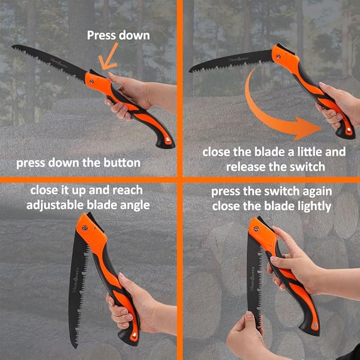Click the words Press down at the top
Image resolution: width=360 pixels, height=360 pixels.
tap(118, 36)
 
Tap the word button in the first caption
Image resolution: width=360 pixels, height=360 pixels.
tap(123, 163)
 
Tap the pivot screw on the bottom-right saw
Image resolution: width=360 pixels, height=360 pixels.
tap(255, 229)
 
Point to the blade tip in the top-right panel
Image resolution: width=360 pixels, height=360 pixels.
tap(190, 69)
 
